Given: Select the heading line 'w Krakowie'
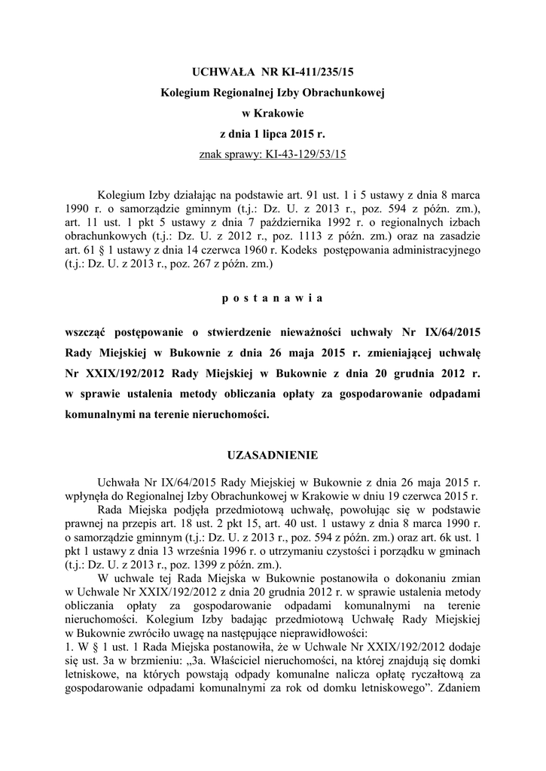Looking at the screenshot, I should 273,113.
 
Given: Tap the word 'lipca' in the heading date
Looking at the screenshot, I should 271,134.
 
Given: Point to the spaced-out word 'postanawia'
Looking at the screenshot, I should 273,298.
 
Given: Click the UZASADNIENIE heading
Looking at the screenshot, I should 273,455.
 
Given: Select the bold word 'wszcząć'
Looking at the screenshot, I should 89,332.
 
